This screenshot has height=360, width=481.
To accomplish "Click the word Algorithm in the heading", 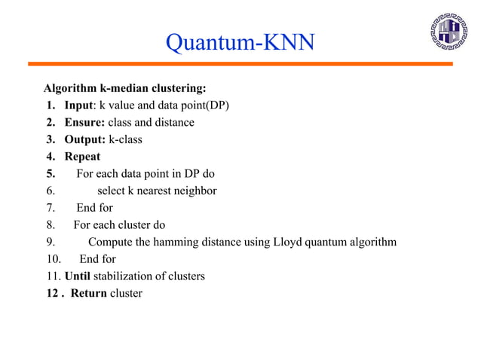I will coord(71,87).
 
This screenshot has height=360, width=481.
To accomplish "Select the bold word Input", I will coord(79,105).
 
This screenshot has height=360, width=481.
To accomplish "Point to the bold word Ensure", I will coord(84,122).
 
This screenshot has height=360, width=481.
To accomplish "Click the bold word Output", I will coord(84,139).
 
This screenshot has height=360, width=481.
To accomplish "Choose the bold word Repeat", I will coord(82,157).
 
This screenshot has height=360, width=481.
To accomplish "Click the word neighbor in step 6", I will coord(195,191).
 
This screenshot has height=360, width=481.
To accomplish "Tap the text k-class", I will coord(125,139).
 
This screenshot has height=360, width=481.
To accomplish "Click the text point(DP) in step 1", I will coord(201,105).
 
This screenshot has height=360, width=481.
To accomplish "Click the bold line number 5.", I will coord(51,173).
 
